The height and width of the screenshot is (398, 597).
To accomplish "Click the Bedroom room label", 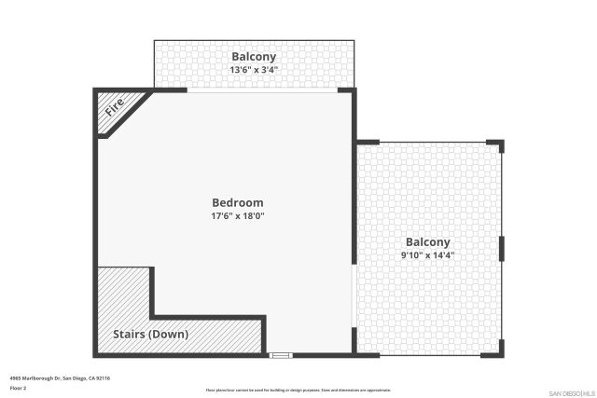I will coord(238,202).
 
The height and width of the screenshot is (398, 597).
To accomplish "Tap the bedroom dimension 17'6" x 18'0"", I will coord(238,216).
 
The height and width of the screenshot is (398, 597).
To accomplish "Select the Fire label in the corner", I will coord(115,106).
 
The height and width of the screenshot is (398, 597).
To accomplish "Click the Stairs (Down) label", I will coord(150,334).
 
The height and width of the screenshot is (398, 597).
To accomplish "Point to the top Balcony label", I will coord(253,56).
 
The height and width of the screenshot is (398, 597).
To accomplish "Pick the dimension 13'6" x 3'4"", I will coord(253,69).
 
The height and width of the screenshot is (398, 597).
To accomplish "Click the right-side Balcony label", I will coord(428,241).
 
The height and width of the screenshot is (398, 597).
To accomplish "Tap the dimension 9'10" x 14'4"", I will coord(428,254).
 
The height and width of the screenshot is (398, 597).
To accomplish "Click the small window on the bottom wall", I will coord(280,355).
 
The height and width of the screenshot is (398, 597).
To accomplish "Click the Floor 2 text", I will coord(19,388).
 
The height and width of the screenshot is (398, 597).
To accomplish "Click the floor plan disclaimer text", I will coord(298,390).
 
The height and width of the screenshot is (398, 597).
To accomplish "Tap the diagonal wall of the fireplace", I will coord(132,115).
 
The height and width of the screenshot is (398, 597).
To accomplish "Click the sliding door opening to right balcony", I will coord(354,296).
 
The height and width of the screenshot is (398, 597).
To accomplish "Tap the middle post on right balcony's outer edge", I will coord(502,248).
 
